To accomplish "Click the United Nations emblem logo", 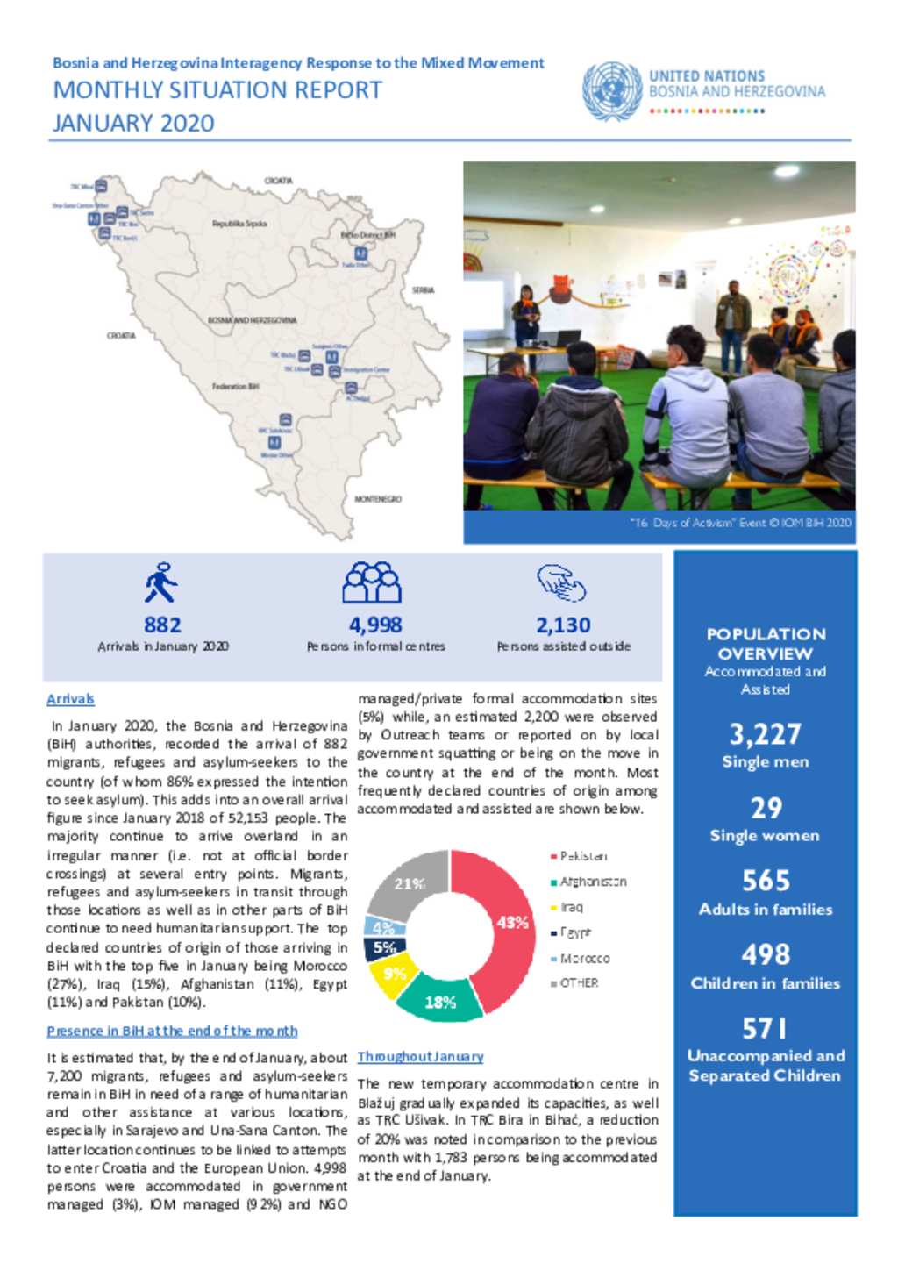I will [x=611, y=90].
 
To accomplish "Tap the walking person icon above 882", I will [x=161, y=582].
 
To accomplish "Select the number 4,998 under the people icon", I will [x=375, y=625].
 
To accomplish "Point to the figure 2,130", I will [x=563, y=625].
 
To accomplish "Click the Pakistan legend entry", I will [x=582, y=856].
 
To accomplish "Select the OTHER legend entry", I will [x=578, y=983].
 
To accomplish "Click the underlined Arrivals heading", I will [x=70, y=699].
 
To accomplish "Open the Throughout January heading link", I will [x=420, y=1057].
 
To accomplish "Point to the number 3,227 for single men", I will [x=765, y=734].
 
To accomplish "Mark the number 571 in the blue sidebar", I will [x=765, y=1028].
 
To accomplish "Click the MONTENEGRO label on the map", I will [x=378, y=499].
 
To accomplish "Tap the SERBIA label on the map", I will [x=423, y=290].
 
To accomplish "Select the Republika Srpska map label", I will [x=239, y=224].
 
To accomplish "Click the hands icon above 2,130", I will [x=561, y=582].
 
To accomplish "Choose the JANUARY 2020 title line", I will [x=133, y=123].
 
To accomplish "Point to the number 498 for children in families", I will [x=765, y=954].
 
